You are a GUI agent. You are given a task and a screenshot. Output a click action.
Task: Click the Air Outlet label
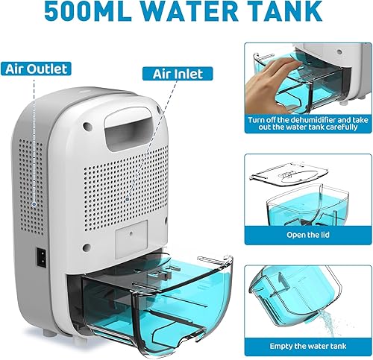[x=37, y=69]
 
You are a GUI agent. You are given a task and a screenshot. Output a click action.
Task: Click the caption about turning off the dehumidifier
[x=306, y=123]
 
